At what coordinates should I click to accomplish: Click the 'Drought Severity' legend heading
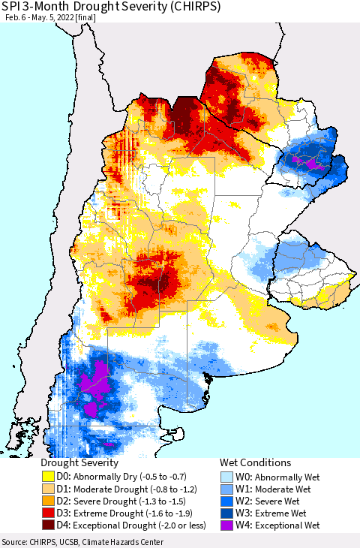[x=79, y=463]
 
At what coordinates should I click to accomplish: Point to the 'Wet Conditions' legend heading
[x=255, y=463]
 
